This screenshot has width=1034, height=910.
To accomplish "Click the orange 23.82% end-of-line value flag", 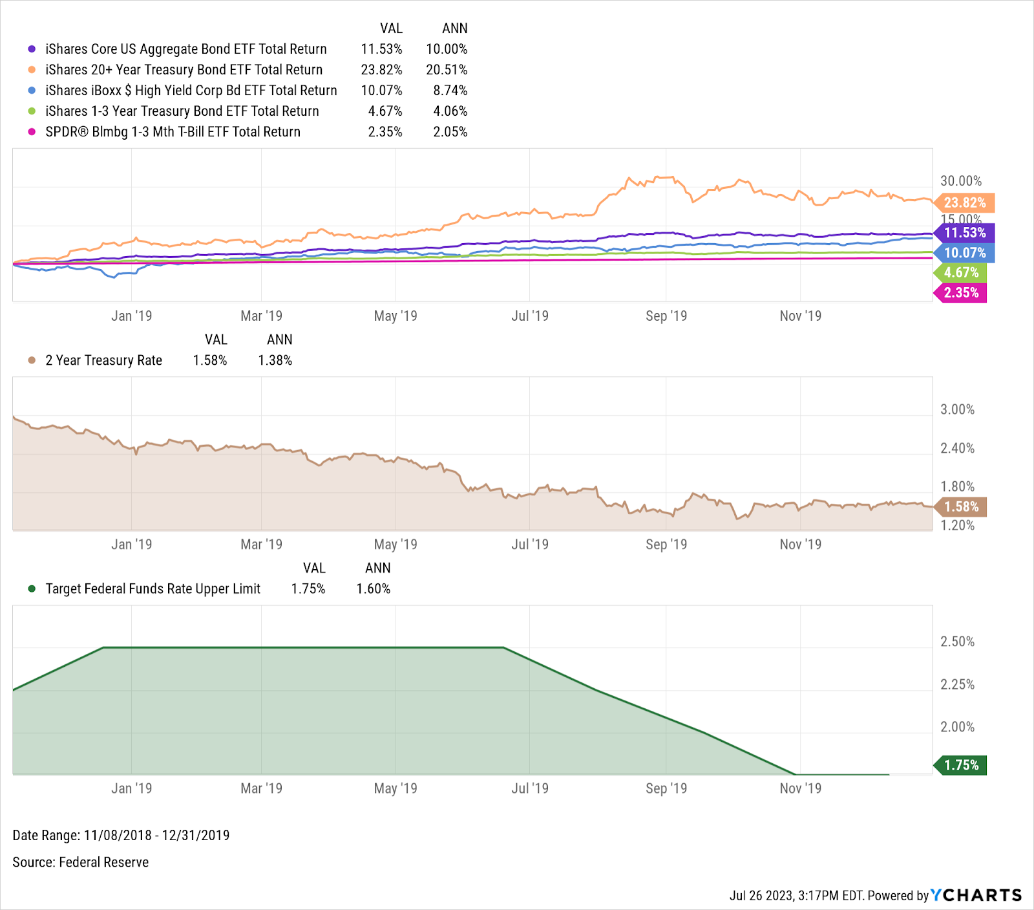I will click(965, 203).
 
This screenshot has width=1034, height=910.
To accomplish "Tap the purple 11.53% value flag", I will click(965, 233).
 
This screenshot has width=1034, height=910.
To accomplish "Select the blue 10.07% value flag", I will click(965, 253).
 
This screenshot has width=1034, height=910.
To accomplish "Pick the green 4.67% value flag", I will click(961, 273).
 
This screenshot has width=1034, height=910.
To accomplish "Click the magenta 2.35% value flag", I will click(961, 293).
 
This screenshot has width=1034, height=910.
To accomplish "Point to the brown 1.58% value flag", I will click(961, 507).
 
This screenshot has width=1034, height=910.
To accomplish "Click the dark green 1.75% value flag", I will click(961, 765).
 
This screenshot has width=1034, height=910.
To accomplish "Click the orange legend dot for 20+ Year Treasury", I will click(32, 70).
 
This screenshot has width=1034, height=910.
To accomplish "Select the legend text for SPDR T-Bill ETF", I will click(173, 132).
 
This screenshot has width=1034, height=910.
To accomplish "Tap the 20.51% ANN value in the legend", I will click(447, 70).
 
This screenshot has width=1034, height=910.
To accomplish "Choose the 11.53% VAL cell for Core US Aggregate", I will click(381, 49).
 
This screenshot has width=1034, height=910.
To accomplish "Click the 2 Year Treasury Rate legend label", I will click(103, 361).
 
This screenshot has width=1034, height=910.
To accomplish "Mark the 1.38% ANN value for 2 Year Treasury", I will click(275, 361).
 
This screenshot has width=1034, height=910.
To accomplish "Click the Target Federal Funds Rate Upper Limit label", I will click(153, 589).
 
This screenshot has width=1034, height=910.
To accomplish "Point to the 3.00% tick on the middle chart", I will click(957, 409).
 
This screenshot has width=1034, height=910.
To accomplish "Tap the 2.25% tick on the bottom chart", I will click(957, 684).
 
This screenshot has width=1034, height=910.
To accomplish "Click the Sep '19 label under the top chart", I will click(666, 316).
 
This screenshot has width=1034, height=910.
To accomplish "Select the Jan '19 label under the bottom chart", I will click(131, 788).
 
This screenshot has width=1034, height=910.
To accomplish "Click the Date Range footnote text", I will click(121, 836).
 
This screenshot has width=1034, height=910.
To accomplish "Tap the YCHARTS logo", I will click(976, 895).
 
